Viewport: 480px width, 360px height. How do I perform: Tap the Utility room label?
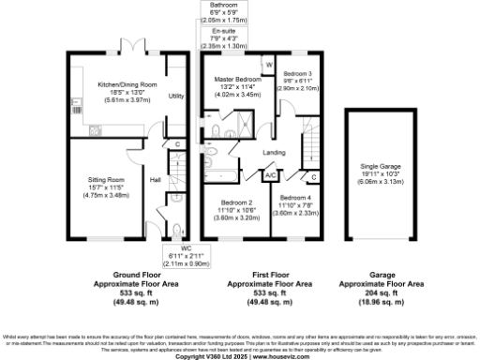(x=175, y=96)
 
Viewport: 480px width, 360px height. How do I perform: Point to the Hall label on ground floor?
(x=157, y=180)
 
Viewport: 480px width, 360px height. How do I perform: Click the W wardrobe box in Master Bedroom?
(x=269, y=65)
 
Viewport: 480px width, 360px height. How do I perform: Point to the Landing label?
(x=274, y=152)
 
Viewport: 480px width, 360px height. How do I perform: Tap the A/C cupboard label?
(x=270, y=175)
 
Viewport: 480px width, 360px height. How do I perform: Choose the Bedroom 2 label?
(x=237, y=202)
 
